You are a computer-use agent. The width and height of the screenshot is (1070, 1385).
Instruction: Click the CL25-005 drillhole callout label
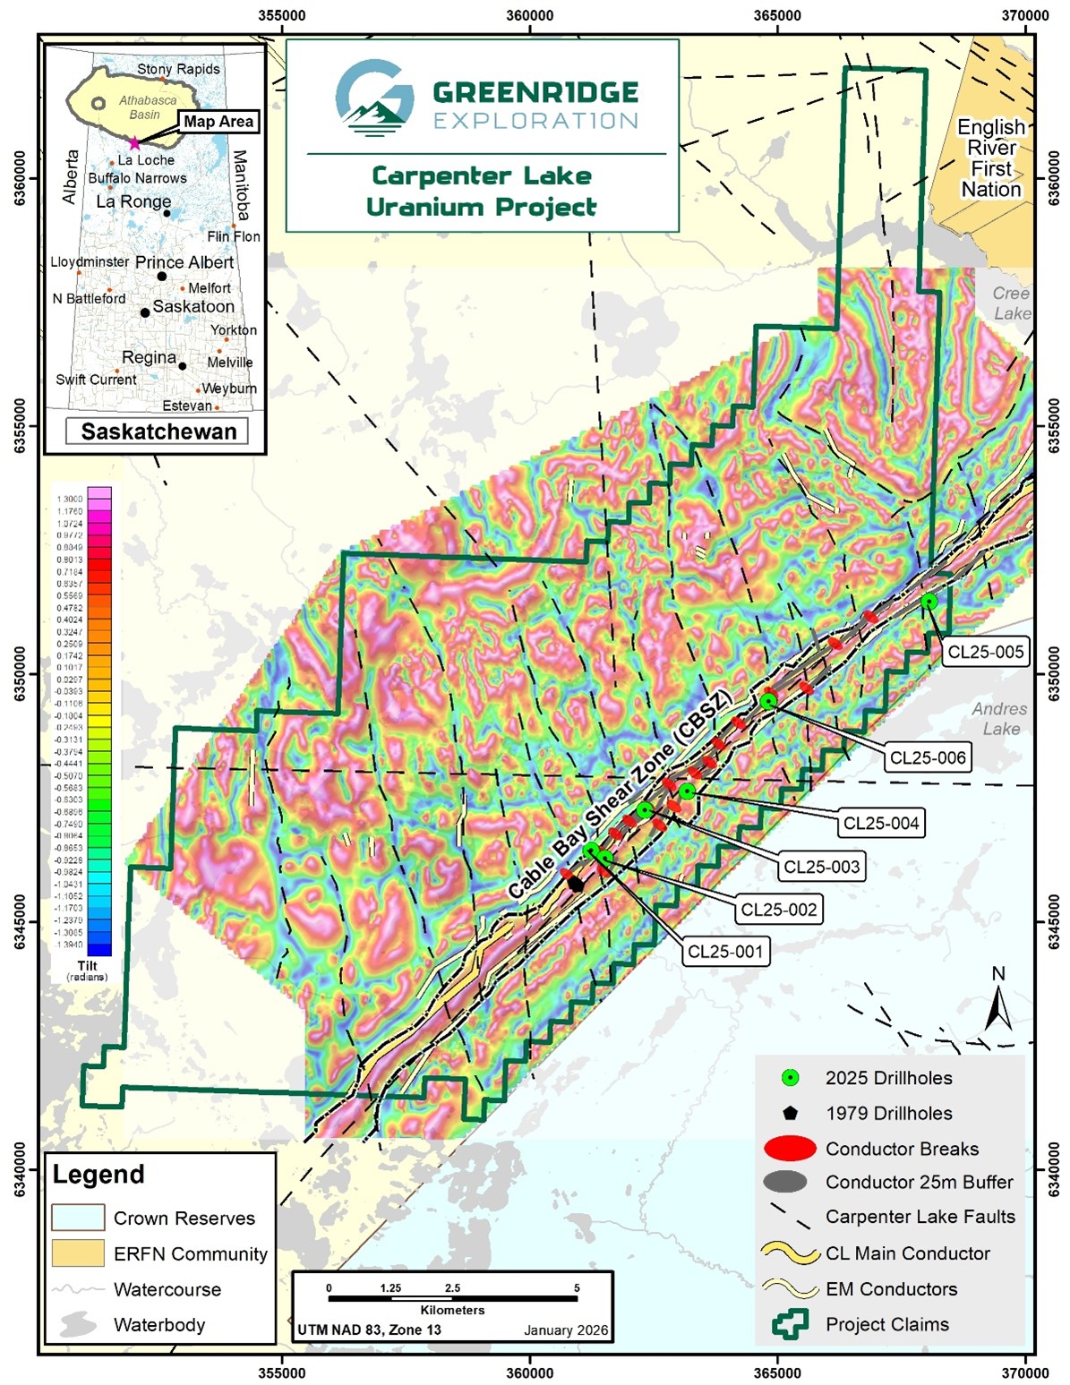click(x=985, y=652)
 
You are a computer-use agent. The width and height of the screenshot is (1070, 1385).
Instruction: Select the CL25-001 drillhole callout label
click(x=724, y=951)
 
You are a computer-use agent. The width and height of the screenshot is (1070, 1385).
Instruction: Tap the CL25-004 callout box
click(x=881, y=823)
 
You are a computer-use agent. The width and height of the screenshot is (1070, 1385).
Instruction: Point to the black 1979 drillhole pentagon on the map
click(x=576, y=884)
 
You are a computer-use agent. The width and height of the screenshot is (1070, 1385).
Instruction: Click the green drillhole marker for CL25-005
click(x=929, y=601)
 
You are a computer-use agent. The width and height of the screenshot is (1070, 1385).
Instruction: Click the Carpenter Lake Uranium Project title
click(x=482, y=191)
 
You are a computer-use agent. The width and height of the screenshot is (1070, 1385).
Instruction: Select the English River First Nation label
click(x=990, y=158)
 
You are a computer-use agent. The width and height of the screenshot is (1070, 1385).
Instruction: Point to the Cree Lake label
click(x=1011, y=304)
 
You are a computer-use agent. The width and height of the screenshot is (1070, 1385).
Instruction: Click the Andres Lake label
click(x=999, y=719)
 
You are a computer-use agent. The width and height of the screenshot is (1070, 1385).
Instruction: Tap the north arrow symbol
click(x=998, y=1003)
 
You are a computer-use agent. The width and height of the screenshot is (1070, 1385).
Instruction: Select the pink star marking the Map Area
click(x=134, y=143)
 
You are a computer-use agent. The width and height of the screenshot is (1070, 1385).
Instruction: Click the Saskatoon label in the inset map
click(x=193, y=306)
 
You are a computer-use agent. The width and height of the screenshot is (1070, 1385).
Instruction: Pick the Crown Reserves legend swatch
click(x=78, y=1218)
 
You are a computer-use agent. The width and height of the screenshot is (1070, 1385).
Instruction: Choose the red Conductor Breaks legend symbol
click(x=790, y=1148)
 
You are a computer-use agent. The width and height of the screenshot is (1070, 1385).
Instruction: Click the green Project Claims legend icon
click(x=790, y=1324)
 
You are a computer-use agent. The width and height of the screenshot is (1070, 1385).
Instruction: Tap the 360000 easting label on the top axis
click(x=529, y=15)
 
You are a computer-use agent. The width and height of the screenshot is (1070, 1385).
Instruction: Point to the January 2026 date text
click(x=565, y=1330)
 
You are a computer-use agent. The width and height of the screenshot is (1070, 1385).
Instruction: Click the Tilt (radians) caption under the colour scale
click(x=87, y=970)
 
